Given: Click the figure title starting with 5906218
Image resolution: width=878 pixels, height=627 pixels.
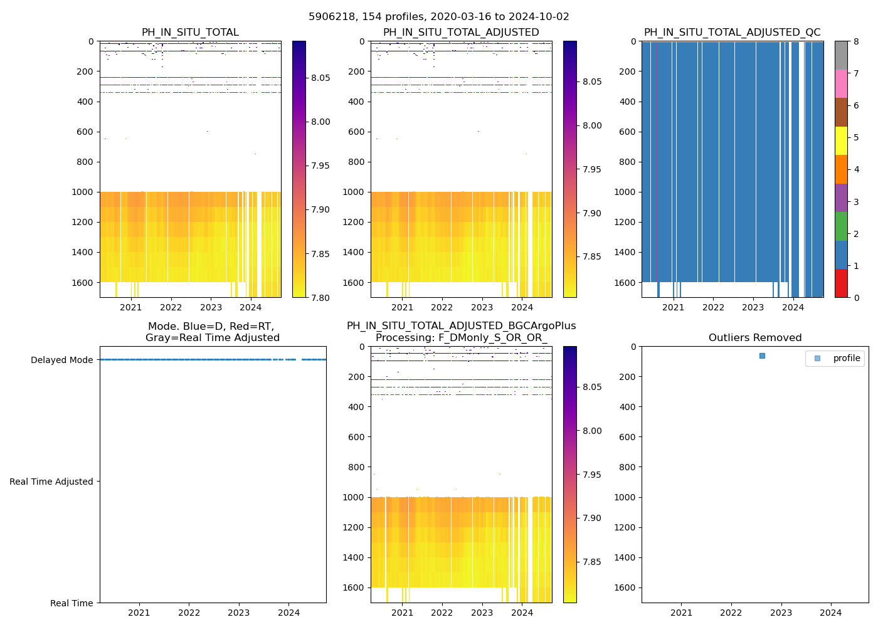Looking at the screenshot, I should pyautogui.click(x=439, y=17).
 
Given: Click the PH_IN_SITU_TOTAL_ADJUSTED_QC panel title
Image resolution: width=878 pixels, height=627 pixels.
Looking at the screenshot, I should pyautogui.click(x=732, y=33).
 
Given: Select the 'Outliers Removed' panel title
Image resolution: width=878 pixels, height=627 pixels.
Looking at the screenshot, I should pyautogui.click(x=754, y=338).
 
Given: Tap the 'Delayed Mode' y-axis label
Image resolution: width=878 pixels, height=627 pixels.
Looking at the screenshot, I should pyautogui.click(x=61, y=360).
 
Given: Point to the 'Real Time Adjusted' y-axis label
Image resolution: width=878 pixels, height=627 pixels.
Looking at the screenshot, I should pyautogui.click(x=51, y=482).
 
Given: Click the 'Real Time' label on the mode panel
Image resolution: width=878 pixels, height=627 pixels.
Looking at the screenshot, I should pyautogui.click(x=71, y=603).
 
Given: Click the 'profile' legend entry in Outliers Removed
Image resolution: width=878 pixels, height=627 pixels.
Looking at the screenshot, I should pyautogui.click(x=846, y=358).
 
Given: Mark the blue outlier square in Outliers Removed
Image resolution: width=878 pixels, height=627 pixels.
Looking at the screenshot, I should pyautogui.click(x=762, y=356).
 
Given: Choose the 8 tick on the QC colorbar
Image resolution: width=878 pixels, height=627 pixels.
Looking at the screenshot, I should pyautogui.click(x=855, y=41).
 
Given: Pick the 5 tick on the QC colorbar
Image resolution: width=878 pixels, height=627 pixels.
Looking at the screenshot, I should pyautogui.click(x=855, y=137).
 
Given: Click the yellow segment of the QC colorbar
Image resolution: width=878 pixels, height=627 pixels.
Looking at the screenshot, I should pyautogui.click(x=841, y=141).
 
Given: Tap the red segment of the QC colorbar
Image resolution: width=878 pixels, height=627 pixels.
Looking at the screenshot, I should pyautogui.click(x=841, y=283).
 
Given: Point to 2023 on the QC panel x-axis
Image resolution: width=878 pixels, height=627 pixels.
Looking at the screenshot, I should pyautogui.click(x=753, y=307).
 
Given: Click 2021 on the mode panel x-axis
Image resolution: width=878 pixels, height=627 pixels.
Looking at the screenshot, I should pyautogui.click(x=139, y=613).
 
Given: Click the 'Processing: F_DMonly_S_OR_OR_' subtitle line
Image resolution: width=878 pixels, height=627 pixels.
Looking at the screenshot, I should pyautogui.click(x=461, y=338).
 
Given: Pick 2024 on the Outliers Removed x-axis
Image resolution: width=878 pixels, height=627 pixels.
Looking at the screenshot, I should pyautogui.click(x=831, y=613).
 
